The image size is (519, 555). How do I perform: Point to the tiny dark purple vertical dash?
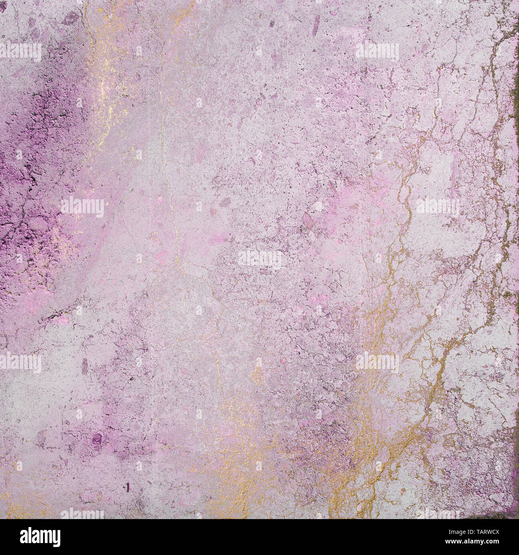tap(128, 486)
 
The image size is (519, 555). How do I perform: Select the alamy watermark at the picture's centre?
tap(259, 258)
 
